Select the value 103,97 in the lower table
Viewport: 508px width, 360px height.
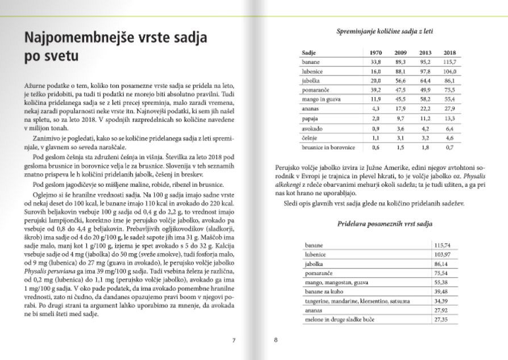click(442, 254)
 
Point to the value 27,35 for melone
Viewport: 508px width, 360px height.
click(442, 320)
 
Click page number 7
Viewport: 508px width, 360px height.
click(234, 341)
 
